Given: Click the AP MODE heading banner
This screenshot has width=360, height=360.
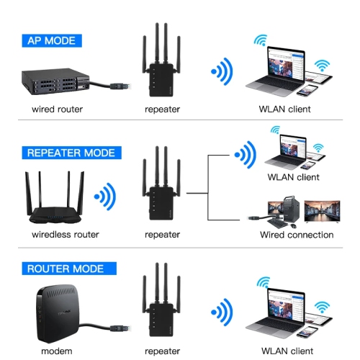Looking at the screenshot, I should coord(51,40).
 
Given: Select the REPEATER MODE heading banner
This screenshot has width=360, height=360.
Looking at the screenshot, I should coord(70,153).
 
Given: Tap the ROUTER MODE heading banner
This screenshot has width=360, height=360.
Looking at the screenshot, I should coord(65,269).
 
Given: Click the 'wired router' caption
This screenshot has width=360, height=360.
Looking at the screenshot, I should coord(57,109).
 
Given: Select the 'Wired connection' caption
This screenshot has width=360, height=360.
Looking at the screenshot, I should coord(297,234).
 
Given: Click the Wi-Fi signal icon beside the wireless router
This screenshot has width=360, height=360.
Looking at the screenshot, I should coord(106,195).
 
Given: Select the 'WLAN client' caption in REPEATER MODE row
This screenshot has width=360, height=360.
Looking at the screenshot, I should coord(293,176).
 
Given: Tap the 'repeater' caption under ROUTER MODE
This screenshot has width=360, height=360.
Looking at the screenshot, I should coord(162,351).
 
